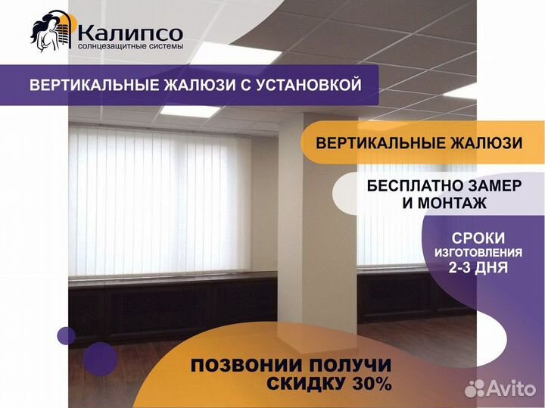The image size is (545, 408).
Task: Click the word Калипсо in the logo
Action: point(130,33)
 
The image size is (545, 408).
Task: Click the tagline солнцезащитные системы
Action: point(130,47)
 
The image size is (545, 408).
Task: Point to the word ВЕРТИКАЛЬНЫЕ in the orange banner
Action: point(380,143)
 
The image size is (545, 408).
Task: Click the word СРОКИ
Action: point(478,238)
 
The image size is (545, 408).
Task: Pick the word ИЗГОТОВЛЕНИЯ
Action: point(478,253)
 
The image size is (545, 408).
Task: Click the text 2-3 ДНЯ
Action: point(478,268)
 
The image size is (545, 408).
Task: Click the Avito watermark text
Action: point(511,388)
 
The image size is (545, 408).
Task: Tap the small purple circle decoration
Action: point(67,336)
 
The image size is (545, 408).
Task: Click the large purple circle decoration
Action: point(101,359)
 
